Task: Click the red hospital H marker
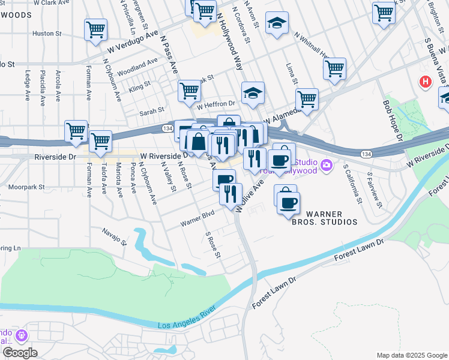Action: coord(426,81)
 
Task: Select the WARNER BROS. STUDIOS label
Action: coord(332,218)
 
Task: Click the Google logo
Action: coord(20,353)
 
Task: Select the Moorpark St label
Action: coord(26,187)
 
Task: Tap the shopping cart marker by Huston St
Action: coord(96,30)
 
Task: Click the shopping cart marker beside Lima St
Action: coord(334,67)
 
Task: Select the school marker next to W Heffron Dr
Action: coord(253,92)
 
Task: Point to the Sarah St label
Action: coord(152,111)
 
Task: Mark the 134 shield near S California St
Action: coord(364,154)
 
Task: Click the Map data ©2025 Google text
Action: coord(411,355)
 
